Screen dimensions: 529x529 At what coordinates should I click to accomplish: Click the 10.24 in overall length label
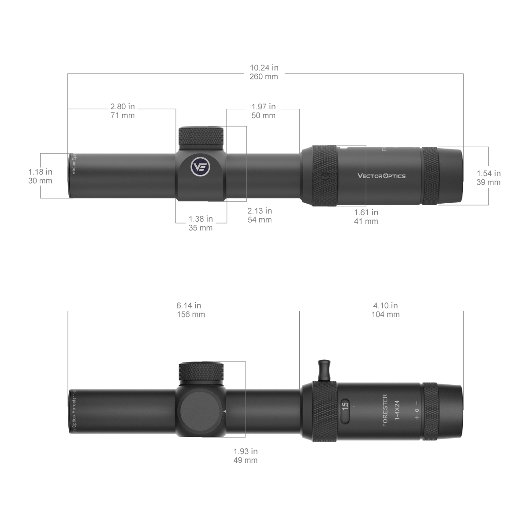pyautogui.click(x=264, y=72)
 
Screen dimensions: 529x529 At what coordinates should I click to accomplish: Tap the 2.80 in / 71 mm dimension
pyautogui.click(x=123, y=111)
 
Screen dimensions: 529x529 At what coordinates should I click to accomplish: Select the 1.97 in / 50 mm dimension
pyautogui.click(x=264, y=111)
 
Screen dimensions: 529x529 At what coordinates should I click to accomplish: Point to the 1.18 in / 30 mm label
pyautogui.click(x=40, y=176)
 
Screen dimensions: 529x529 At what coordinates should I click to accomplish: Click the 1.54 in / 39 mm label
pyautogui.click(x=489, y=178)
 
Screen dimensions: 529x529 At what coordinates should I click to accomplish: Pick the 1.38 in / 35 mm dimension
pyautogui.click(x=201, y=223)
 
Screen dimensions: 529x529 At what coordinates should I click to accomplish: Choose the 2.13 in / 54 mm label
pyautogui.click(x=260, y=215)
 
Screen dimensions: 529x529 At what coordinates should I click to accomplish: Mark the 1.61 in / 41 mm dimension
pyautogui.click(x=366, y=216)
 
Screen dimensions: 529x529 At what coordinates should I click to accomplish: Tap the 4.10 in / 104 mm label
pyautogui.click(x=386, y=309)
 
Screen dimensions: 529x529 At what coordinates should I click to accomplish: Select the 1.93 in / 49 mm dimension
pyautogui.click(x=246, y=455)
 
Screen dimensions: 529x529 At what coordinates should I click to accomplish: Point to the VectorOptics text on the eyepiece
pyautogui.click(x=381, y=176)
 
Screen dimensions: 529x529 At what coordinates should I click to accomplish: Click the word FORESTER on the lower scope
pyautogui.click(x=385, y=410)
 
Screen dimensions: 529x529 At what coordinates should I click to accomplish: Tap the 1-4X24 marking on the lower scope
pyautogui.click(x=397, y=410)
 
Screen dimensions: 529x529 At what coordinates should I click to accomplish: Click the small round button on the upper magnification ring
pyautogui.click(x=325, y=176)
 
